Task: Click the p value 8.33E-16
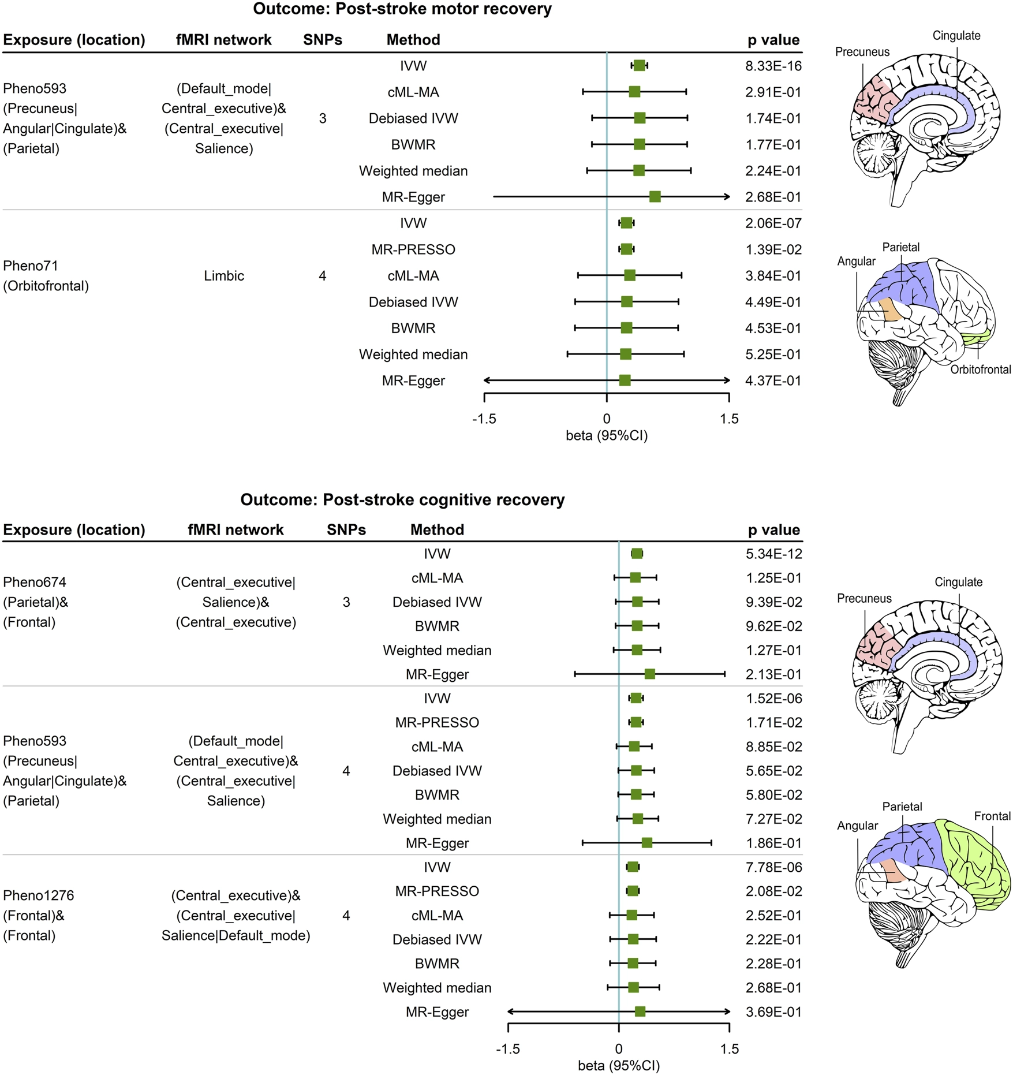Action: (773, 66)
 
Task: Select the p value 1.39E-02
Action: (773, 249)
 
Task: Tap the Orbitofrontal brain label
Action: (981, 369)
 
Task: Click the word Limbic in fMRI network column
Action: (224, 276)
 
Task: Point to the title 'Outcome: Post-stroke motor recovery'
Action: (402, 9)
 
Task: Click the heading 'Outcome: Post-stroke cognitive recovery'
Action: (402, 499)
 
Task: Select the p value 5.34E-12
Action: (773, 554)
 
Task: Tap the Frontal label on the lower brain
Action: (992, 816)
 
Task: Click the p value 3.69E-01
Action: (773, 1011)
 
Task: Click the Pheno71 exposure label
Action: (31, 266)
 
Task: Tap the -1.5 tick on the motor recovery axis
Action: (484, 419)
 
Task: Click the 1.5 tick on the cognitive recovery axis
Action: (730, 1049)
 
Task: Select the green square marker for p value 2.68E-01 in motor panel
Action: (655, 197)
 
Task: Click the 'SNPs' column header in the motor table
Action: (323, 40)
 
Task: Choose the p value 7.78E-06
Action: (773, 867)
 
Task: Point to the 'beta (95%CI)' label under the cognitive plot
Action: (619, 1065)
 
